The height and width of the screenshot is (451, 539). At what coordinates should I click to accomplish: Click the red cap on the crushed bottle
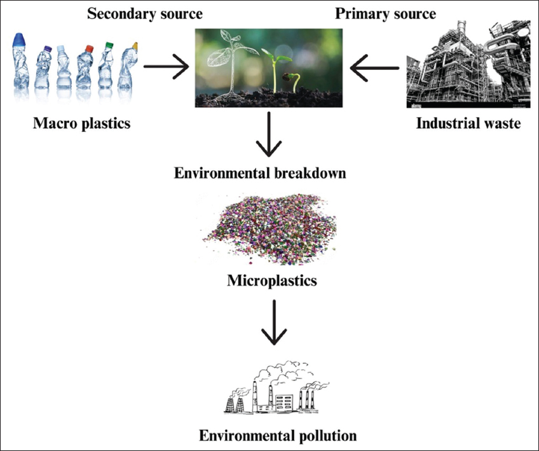[89, 47]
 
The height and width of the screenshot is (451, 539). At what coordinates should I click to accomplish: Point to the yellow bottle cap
[134, 46]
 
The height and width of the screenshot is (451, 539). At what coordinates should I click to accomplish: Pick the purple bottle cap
[47, 48]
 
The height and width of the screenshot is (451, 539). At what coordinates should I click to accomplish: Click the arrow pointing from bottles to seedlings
[166, 66]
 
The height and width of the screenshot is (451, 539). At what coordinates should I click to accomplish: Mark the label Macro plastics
[81, 123]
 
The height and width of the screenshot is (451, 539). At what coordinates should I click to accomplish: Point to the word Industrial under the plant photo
[445, 123]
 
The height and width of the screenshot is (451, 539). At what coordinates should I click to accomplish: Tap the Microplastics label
[271, 279]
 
